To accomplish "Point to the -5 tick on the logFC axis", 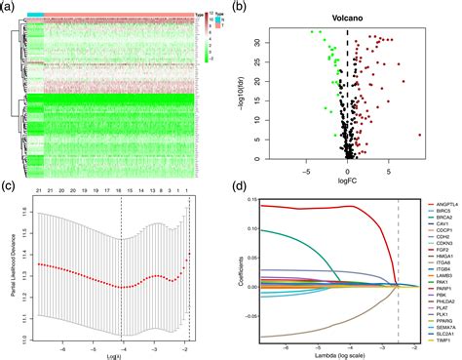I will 306,168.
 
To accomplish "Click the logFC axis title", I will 348,179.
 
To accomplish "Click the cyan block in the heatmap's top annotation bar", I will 33,16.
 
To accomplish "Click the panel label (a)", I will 9,7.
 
